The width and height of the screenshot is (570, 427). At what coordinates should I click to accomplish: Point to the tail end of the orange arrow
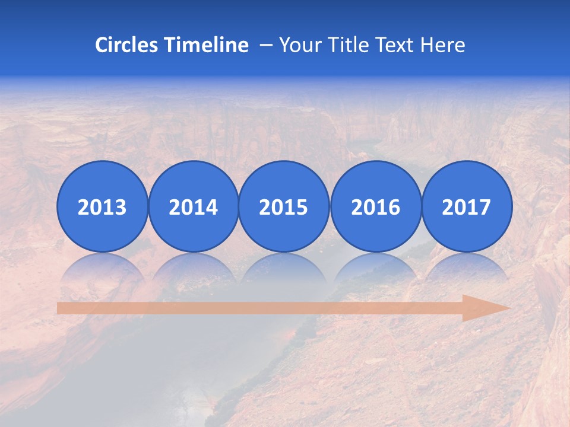tap(61, 308)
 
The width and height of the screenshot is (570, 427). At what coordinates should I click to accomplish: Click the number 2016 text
tap(375, 208)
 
